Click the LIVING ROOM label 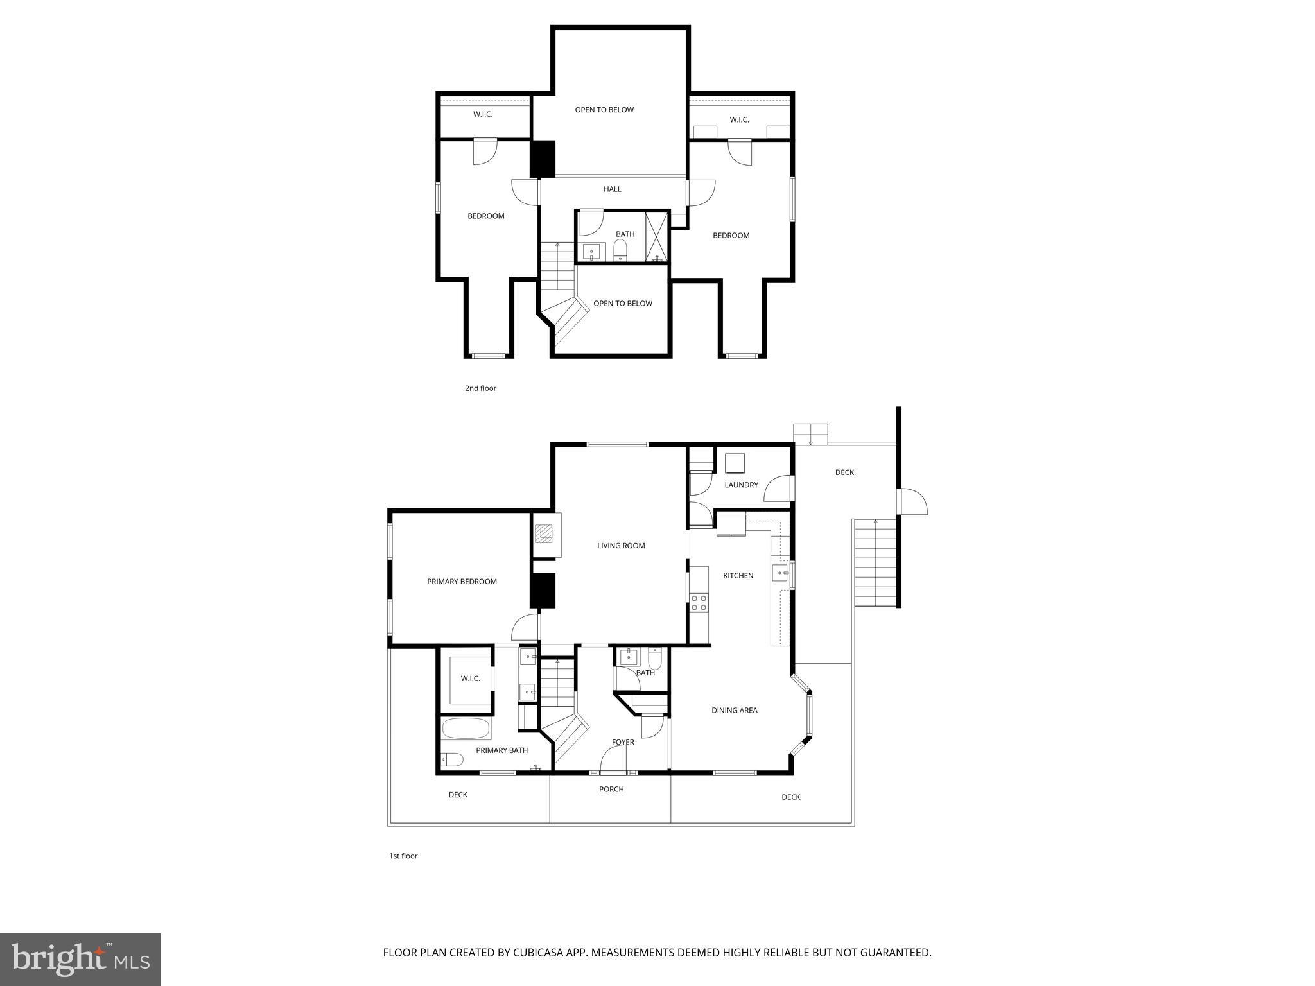point(620,546)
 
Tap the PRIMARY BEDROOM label point(462,582)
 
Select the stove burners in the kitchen point(699,602)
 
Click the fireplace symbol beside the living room point(545,533)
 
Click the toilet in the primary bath point(452,760)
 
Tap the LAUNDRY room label point(741,485)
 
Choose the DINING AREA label point(734,710)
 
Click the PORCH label point(611,789)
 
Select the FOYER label point(622,742)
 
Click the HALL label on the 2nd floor point(612,189)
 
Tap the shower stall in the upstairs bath point(656,236)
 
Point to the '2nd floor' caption point(480,388)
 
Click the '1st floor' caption point(403,856)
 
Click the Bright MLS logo point(80,959)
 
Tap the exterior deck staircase point(875,562)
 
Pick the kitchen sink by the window point(779,572)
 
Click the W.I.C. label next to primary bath point(470,679)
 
